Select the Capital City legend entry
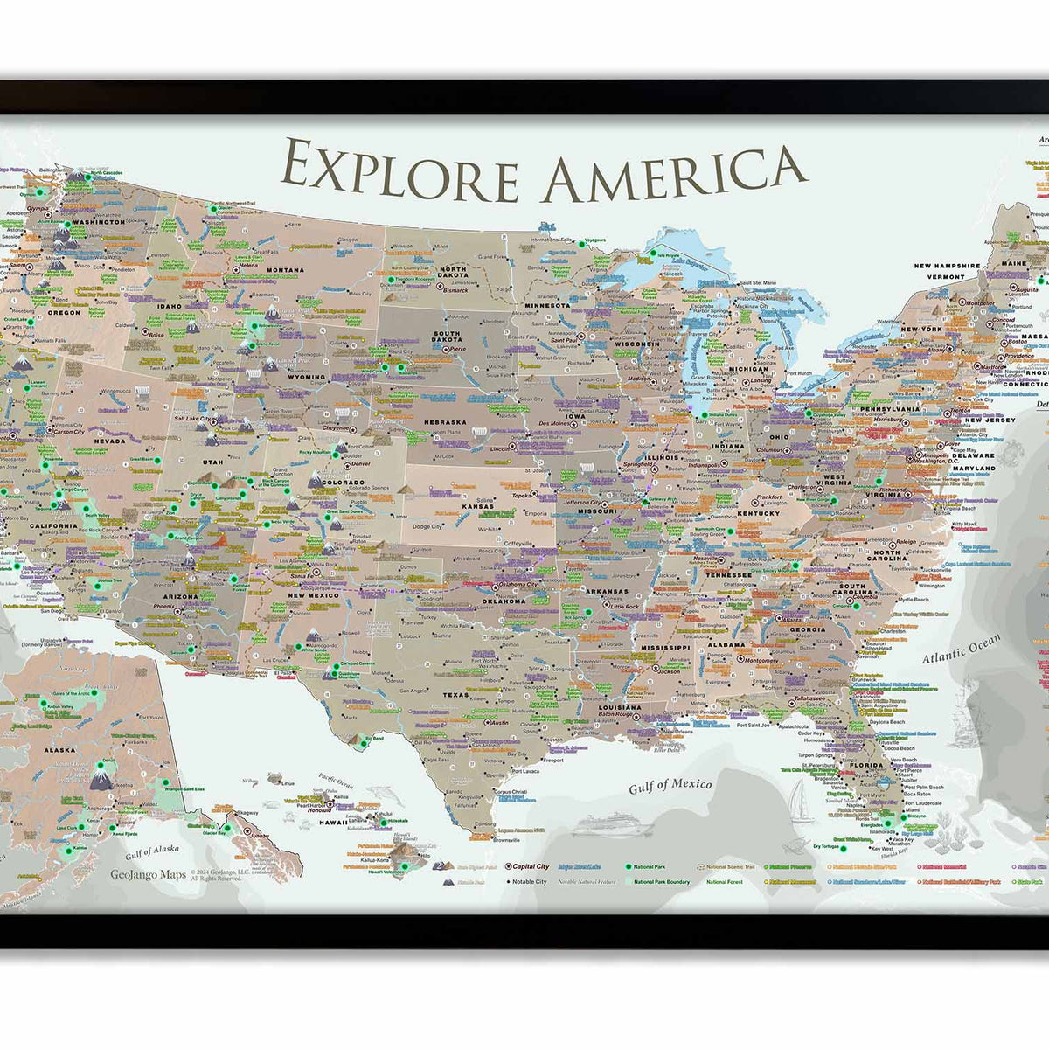click(x=530, y=866)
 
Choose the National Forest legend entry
click(x=725, y=882)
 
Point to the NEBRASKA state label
click(x=446, y=422)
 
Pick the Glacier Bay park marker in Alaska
click(x=226, y=827)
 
